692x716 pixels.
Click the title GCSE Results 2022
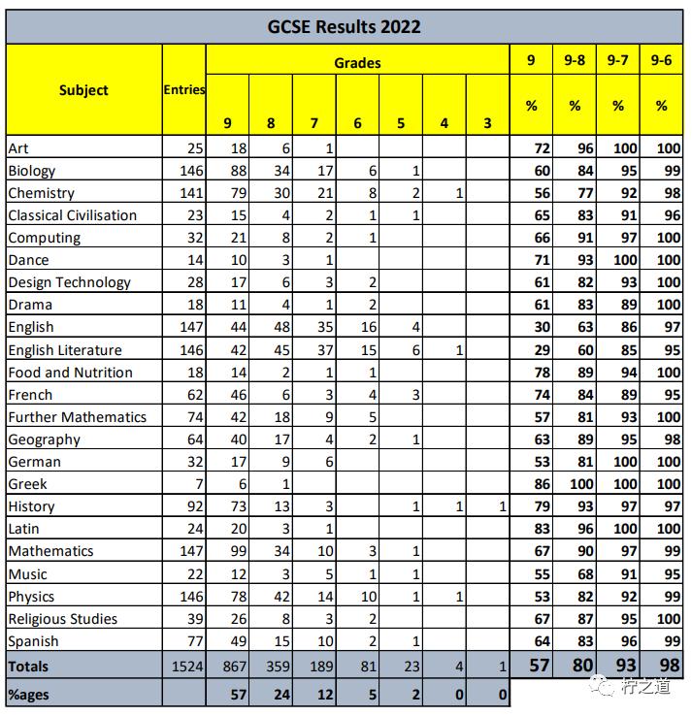pos(345,26)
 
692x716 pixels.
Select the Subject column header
pos(83,90)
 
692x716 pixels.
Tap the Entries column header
pos(183,89)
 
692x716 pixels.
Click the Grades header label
pos(357,63)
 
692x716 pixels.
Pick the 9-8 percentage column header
pos(575,60)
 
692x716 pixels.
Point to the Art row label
pos(18,147)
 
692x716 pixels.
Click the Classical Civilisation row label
pos(72,215)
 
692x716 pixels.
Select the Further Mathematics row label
pos(77,417)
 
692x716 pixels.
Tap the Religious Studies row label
pos(62,619)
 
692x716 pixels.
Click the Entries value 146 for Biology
pos(191,171)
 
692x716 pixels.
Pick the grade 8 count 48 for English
pos(275,327)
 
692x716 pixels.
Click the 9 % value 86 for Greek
pos(532,484)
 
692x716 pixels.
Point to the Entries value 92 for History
pos(195,506)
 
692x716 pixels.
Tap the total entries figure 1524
pos(188,667)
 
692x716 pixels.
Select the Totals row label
pos(28,667)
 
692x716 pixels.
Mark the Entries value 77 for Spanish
pos(195,641)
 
